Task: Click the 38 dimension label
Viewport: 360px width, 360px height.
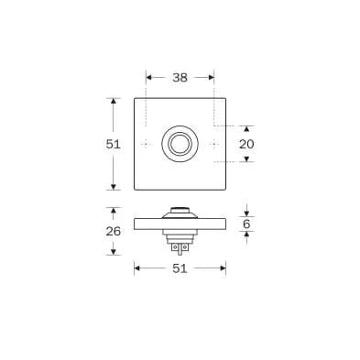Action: (x=180, y=78)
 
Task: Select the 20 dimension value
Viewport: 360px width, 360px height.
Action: (x=246, y=144)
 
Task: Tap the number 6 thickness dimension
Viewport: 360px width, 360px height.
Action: (x=246, y=224)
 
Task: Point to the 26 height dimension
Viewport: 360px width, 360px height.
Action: (x=114, y=231)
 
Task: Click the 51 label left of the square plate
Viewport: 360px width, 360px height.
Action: (x=114, y=144)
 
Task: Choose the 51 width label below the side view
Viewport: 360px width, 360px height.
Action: (x=180, y=268)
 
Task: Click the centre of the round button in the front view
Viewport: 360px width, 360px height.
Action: (x=180, y=144)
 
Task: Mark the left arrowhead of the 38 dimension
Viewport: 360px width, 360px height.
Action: (x=149, y=78)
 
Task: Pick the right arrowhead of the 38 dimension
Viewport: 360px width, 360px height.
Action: (x=211, y=78)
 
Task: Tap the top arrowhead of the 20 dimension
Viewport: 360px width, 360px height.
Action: (x=246, y=129)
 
